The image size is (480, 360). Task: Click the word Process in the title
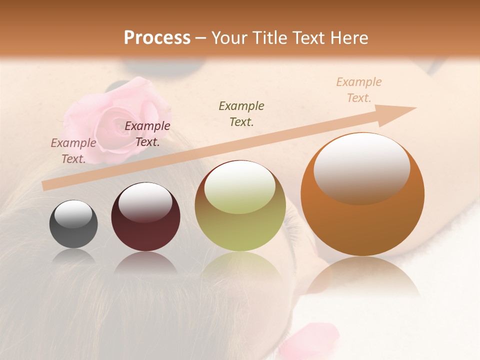coord(157,38)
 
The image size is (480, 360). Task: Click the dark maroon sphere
coord(145,217)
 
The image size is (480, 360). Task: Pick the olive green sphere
coord(240,206)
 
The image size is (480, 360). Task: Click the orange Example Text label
coord(358,90)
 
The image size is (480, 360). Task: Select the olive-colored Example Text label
coord(241,113)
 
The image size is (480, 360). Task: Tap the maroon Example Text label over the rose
coord(147,134)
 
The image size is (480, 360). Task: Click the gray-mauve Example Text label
coord(73,150)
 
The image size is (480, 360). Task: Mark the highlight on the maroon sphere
coord(145,202)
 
